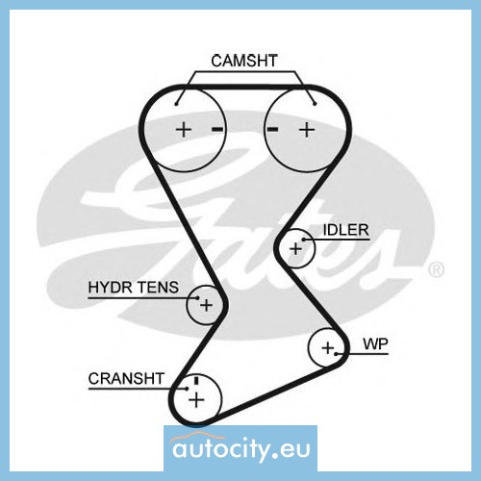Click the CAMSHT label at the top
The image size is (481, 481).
pyautogui.click(x=244, y=61)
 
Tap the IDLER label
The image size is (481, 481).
pyautogui.click(x=345, y=230)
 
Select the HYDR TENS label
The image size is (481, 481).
pyautogui.click(x=134, y=287)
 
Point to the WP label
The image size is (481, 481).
pyautogui.click(x=375, y=344)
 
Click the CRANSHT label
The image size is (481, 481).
pyautogui.click(x=126, y=378)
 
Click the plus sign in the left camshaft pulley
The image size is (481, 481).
pyautogui.click(x=184, y=130)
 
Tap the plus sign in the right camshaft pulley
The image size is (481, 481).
pyautogui.click(x=307, y=130)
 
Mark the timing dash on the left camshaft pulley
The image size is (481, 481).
pyautogui.click(x=217, y=129)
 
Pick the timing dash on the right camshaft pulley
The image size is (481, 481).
pyautogui.click(x=273, y=129)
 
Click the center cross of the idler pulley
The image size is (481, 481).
pyautogui.click(x=295, y=249)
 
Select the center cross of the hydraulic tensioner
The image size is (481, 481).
pyautogui.click(x=206, y=305)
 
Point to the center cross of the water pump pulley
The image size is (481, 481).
pyautogui.click(x=328, y=347)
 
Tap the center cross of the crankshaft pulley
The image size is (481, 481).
pyautogui.click(x=196, y=400)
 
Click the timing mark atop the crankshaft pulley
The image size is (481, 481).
pyautogui.click(x=196, y=380)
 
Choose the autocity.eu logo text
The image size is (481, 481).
pyautogui.click(x=241, y=448)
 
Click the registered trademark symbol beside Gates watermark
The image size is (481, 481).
pyautogui.click(x=437, y=269)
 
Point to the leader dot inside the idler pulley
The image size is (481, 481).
pyautogui.click(x=304, y=240)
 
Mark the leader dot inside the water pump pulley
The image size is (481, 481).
pyautogui.click(x=336, y=354)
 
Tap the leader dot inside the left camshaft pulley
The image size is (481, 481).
pyautogui.click(x=176, y=103)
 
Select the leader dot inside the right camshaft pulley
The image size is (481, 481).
pyautogui.click(x=315, y=103)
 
